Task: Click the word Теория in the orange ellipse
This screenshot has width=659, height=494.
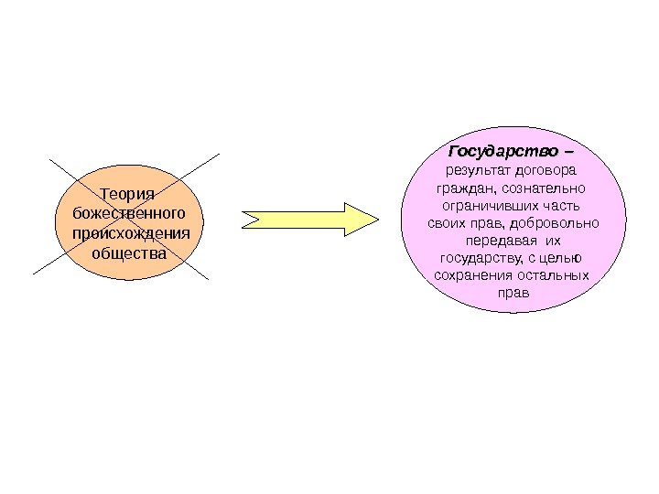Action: tap(127, 194)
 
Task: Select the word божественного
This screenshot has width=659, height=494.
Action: tap(128, 213)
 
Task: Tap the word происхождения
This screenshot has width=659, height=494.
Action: tap(129, 232)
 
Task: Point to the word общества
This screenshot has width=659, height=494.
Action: tap(129, 252)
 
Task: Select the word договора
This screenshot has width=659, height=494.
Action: tap(546, 170)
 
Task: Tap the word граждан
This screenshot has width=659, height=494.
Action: tap(462, 188)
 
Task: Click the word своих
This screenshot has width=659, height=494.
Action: tap(446, 222)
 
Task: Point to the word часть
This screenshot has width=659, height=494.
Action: tap(562, 205)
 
